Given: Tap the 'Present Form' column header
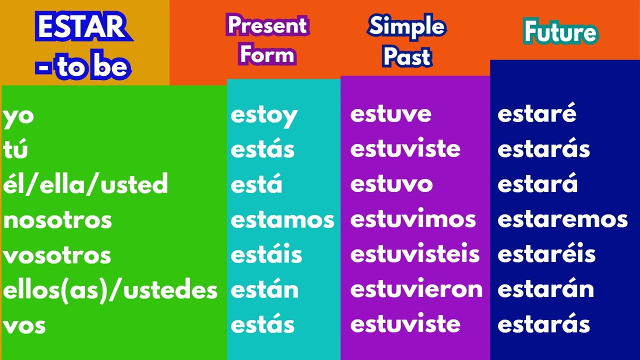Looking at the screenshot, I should tap(267, 40).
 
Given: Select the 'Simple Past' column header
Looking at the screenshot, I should tap(406, 41).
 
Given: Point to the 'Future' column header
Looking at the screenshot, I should tap(560, 32).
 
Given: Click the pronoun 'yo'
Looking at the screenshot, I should tap(18, 116).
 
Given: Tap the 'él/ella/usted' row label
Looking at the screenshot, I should tap(85, 184).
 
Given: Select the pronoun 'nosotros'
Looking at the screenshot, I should tap(57, 220).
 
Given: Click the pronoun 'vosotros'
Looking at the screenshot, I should tap(57, 255).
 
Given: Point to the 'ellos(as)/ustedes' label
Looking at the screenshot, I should tap(110, 290).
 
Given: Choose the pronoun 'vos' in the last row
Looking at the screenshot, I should tap(24, 326).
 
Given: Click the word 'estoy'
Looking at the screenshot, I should tap(264, 115).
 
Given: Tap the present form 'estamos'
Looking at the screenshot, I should tap(282, 220).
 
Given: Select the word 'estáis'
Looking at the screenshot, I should tap(266, 254).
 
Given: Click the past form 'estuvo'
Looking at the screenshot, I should tap(391, 184).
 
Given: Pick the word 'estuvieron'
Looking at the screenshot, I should tap(416, 290).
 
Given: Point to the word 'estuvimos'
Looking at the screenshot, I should tap(413, 219).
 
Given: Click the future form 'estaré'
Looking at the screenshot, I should tap(537, 114).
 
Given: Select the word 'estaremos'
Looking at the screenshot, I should tap(562, 219).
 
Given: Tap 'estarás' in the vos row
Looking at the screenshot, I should tap(544, 325).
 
